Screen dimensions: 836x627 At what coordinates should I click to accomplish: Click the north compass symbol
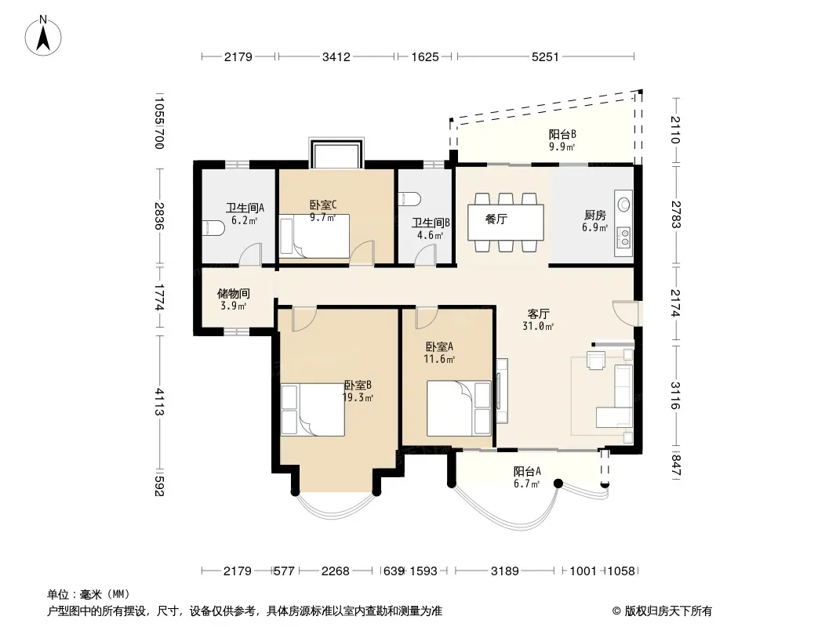point(43,36)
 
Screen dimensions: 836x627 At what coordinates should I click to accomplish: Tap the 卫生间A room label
point(245,208)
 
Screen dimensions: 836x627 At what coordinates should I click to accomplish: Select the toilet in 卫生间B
point(409,199)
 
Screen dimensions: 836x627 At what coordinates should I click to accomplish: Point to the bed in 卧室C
point(314,237)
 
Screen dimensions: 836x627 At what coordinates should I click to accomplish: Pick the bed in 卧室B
point(312,410)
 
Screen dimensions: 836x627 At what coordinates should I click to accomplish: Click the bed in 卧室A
point(459,408)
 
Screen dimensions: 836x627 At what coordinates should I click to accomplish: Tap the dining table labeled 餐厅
point(506,222)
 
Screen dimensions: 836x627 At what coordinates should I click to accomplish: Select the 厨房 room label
point(595,216)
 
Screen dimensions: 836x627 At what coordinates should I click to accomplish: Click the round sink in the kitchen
point(623,204)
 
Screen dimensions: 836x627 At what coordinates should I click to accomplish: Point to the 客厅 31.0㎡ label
point(539,320)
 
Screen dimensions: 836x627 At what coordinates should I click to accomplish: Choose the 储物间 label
point(234,294)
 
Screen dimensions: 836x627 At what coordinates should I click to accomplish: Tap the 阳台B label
point(562,134)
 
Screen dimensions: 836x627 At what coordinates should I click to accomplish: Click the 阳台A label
point(527,472)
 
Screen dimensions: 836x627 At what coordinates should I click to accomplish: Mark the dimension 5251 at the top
point(545,56)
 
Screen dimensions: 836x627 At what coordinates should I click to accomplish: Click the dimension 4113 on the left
point(159,401)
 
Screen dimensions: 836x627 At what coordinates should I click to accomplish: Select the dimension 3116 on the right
point(675,395)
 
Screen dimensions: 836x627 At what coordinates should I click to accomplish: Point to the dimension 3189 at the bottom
point(504,571)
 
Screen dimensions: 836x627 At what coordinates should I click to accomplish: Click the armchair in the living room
point(596,360)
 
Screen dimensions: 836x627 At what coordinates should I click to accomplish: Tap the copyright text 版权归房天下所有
point(668,611)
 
